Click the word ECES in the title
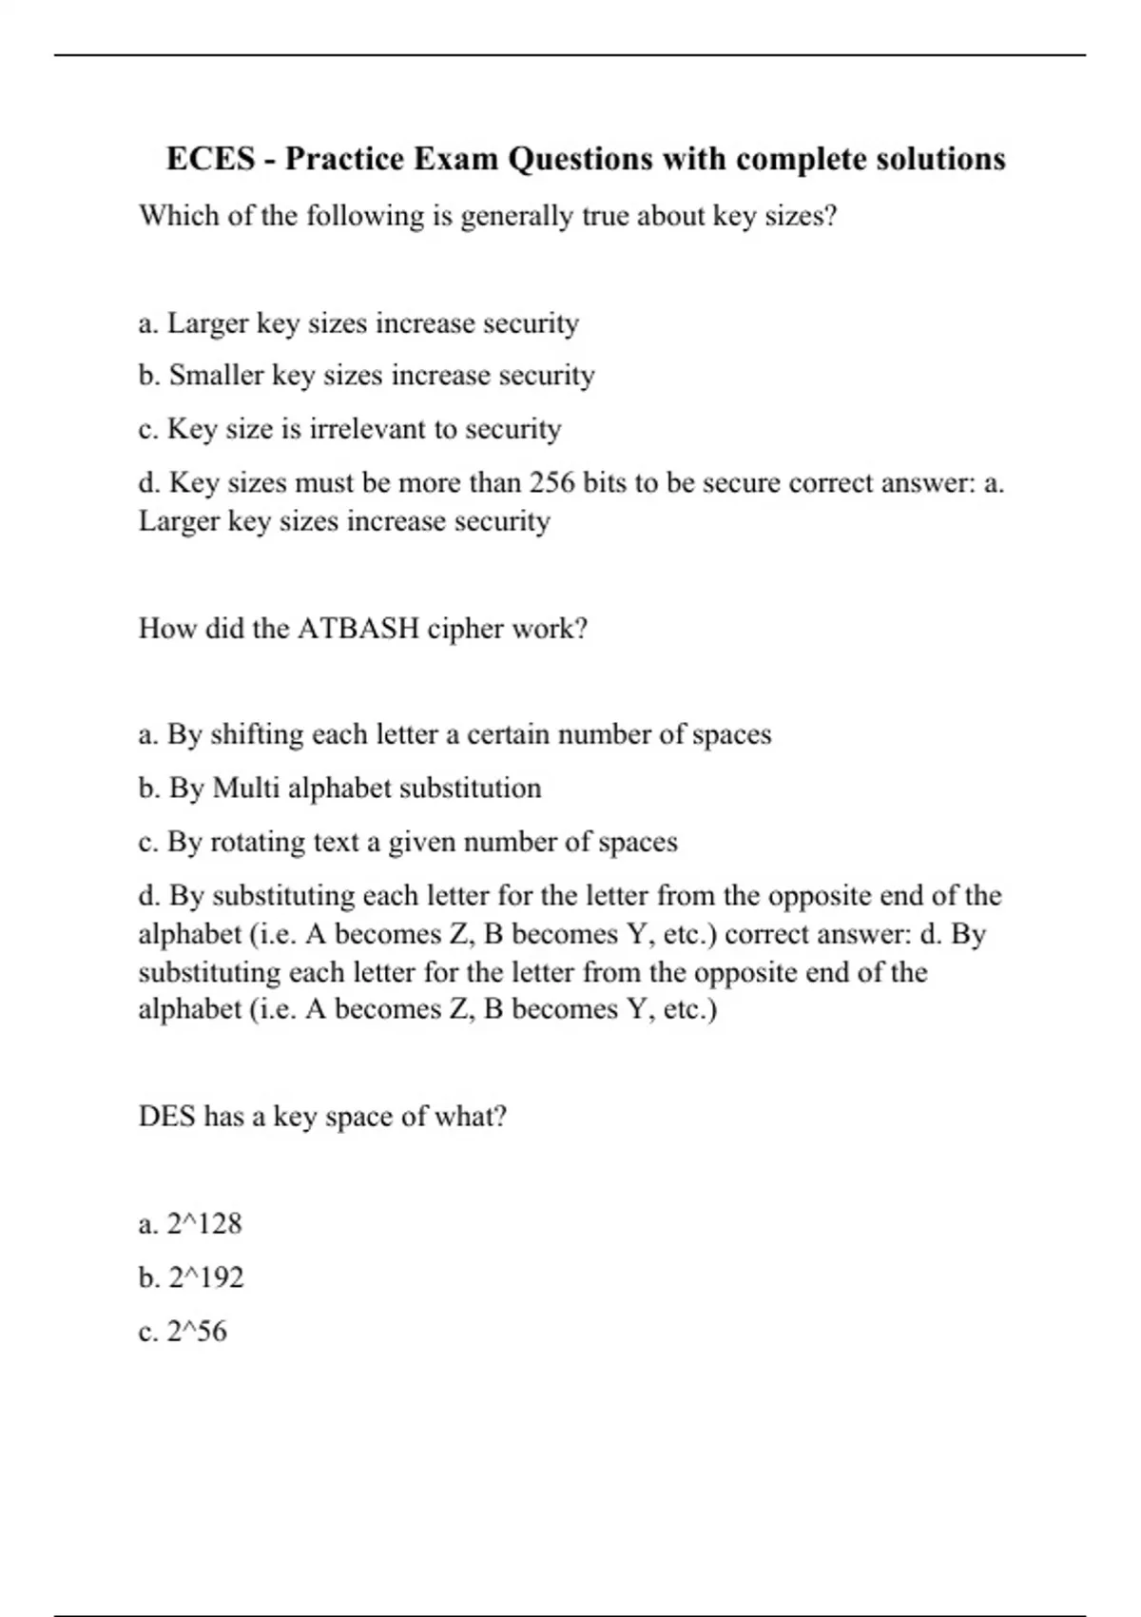click(x=210, y=159)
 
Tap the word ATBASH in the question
click(x=358, y=629)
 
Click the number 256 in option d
click(x=551, y=483)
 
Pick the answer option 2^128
click(x=203, y=1224)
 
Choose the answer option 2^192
click(x=205, y=1277)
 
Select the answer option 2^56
click(x=197, y=1332)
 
